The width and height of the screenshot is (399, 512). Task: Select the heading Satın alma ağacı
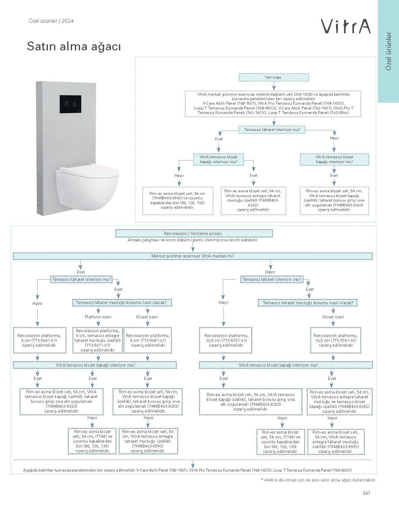pos(74,47)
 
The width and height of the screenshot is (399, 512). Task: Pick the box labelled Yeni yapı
pos(274,77)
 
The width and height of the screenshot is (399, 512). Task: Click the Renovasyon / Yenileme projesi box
pos(194,234)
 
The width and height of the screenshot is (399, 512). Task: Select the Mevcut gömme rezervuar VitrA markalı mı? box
pos(193,256)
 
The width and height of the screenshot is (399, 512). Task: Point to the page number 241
pos(366,493)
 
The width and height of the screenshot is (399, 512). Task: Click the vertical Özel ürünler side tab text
pos(389,51)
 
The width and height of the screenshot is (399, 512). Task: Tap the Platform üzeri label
pos(98,317)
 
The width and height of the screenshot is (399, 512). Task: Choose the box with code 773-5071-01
pos(98,340)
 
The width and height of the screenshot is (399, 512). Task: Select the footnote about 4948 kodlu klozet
pos(318,480)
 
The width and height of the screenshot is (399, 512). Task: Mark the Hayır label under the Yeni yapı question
pos(334,138)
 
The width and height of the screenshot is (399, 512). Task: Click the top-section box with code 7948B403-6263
pos(334,200)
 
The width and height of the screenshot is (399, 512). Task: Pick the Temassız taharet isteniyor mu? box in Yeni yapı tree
pos(272,130)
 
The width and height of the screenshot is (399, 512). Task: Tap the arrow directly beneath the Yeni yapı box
pos(274,85)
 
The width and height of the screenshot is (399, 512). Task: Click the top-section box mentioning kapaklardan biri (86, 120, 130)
pos(177,201)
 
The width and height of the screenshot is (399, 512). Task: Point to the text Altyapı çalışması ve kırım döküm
pos(193,240)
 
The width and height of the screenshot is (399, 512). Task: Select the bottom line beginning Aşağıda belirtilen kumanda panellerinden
pos(187,470)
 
